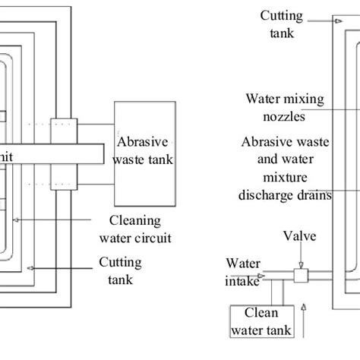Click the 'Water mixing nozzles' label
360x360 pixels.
[274, 108]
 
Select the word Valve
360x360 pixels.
[298, 236]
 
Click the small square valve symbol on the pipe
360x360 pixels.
[298, 273]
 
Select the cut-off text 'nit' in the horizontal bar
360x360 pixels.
[7, 154]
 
